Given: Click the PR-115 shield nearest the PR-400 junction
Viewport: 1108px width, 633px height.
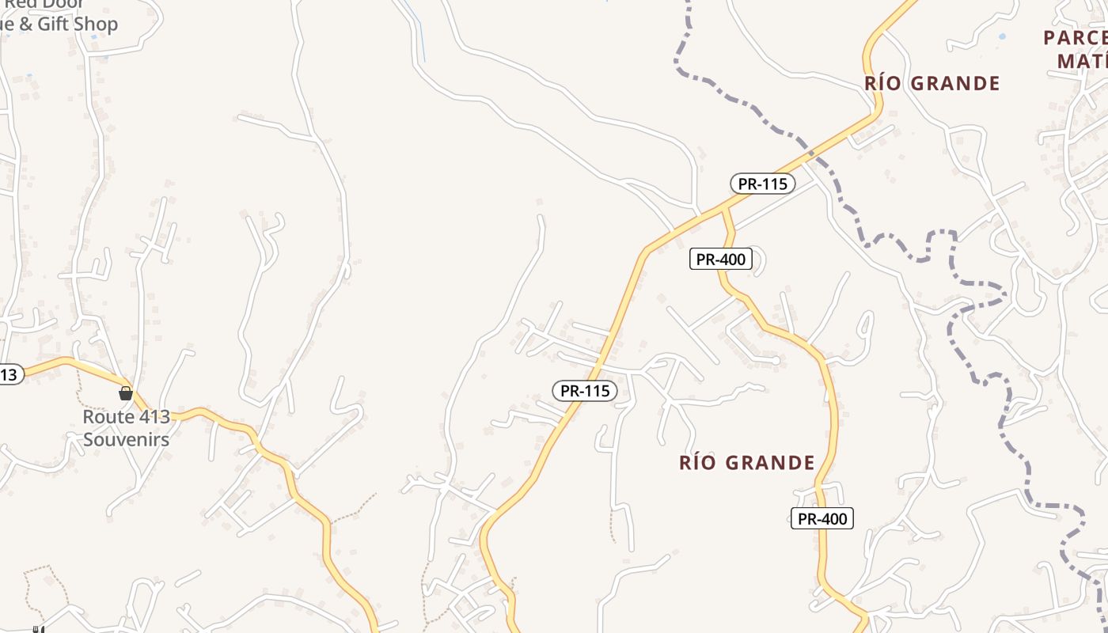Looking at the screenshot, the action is click(762, 184).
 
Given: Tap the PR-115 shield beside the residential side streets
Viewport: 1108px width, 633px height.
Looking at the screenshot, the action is click(584, 390).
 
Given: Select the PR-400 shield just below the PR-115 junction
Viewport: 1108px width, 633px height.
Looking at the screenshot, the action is click(719, 259).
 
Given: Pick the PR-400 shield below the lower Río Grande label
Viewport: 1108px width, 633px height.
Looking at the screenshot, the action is click(822, 518).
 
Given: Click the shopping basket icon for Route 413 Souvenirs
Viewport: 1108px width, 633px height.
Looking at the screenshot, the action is click(125, 393).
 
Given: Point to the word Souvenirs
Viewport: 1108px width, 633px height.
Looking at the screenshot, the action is click(127, 439).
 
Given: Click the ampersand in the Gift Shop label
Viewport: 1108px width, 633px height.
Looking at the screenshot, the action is click(26, 24).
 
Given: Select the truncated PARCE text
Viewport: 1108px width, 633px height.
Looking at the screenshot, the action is click(1075, 38).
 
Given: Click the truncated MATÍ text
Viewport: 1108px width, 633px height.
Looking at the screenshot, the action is click(1082, 61).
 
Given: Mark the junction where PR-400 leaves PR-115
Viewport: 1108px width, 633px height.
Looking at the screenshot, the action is click(723, 209).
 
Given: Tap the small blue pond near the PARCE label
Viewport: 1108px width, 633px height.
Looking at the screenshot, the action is click(1003, 36).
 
